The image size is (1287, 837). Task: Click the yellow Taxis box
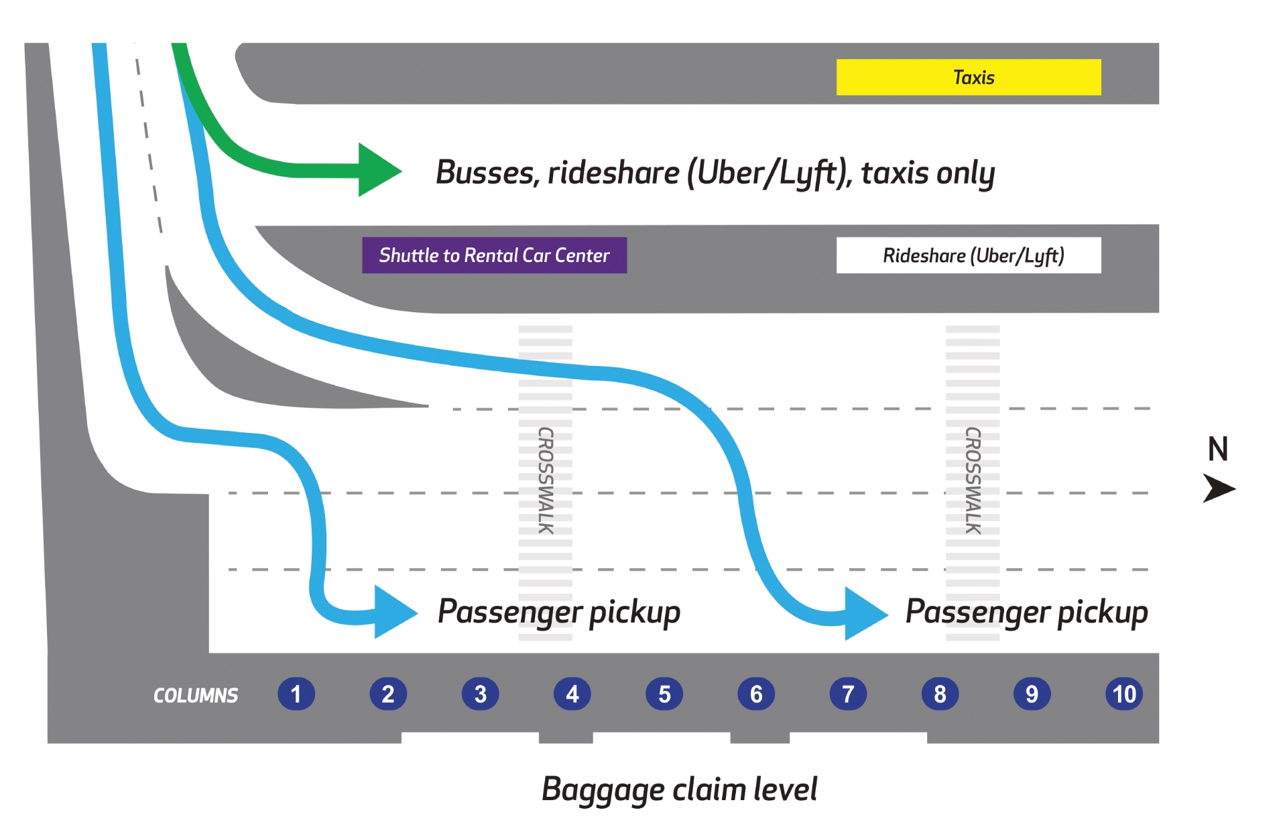pos(968,77)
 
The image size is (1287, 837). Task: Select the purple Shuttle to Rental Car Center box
pos(494,255)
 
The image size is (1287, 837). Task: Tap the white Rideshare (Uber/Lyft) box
pos(968,255)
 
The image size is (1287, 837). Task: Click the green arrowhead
pos(378,170)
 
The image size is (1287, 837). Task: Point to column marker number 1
pos(296,694)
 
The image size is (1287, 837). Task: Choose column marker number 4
pos(572,694)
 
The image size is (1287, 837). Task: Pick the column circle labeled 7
pos(848,694)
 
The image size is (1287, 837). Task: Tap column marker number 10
pos(1124,694)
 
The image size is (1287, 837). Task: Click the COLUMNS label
pos(196,696)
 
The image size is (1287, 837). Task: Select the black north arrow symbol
pos(1219,488)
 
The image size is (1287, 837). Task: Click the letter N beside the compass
pos(1217,449)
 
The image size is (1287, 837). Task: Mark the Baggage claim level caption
pos(679,789)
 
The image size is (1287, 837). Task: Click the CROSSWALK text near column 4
pos(546,480)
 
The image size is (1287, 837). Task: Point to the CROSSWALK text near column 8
pos(973,480)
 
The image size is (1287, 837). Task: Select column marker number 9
pos(1032,694)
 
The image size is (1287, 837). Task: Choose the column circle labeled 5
pos(664,694)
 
